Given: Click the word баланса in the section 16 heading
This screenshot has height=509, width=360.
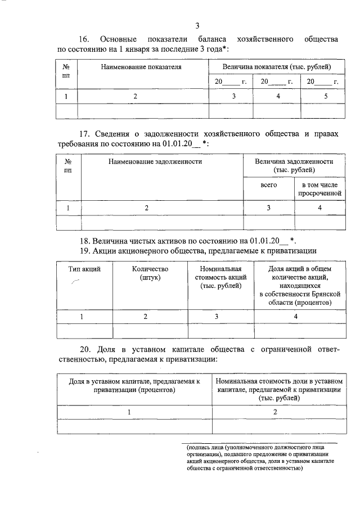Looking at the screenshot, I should (212, 39).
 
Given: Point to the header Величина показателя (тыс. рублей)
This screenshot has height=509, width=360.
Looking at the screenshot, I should (276, 67).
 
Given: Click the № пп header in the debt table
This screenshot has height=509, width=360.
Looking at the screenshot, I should (69, 165).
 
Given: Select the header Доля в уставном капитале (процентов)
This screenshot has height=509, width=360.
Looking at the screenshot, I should (134, 386).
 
